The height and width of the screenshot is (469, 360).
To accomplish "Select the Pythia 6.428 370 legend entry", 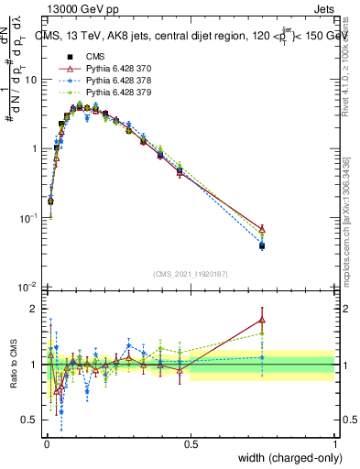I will click(x=108, y=68).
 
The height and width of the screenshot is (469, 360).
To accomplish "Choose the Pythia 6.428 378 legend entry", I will click(x=108, y=80).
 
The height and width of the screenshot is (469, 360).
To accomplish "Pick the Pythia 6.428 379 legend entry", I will click(x=108, y=92).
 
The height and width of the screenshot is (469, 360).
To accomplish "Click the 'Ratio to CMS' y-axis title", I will click(x=13, y=365).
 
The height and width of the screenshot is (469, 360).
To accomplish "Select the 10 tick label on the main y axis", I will click(x=30, y=80).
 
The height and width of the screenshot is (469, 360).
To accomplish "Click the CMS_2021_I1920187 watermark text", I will click(x=190, y=274).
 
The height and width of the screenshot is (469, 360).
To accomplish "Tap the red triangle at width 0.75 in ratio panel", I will click(x=262, y=320).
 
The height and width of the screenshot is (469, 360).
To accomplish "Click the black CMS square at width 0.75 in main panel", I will click(x=262, y=245).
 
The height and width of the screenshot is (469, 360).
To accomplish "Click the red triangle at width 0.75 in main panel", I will click(x=262, y=229).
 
